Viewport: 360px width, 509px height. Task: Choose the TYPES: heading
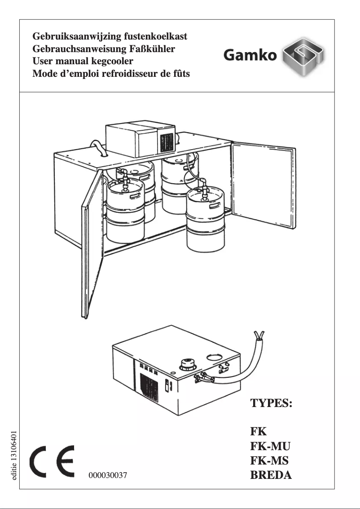pos(271,402)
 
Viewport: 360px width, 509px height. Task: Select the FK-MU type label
pos(270,446)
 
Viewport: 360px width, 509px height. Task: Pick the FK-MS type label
pos(269,460)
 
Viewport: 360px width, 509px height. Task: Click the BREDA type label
pos(271,475)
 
